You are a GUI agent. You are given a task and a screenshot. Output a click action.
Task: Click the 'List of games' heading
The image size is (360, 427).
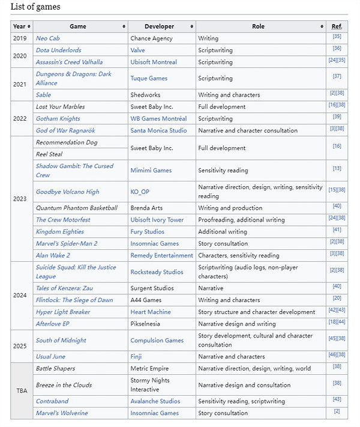[x=35, y=7]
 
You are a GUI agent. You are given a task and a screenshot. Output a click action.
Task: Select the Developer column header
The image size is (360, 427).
[x=159, y=26]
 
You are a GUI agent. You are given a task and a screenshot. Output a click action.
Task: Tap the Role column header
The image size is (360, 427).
[x=258, y=26]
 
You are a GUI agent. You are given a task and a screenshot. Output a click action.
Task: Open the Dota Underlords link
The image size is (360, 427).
[x=58, y=50]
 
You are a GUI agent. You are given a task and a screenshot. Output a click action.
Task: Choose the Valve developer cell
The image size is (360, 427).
[x=139, y=50]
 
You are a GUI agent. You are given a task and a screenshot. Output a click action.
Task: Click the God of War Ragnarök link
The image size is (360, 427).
[x=65, y=130]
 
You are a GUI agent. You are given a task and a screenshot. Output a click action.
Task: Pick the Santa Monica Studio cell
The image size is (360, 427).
[x=158, y=130]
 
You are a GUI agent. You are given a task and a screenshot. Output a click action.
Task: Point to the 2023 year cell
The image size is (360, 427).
[x=20, y=199]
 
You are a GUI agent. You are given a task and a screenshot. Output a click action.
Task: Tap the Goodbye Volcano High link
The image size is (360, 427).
[x=67, y=192]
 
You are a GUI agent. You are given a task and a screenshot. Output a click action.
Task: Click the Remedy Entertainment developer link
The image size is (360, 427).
[x=161, y=255]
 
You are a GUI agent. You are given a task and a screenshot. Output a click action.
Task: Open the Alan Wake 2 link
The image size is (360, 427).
[x=54, y=255]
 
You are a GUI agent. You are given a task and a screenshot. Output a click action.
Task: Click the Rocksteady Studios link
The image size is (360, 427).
[x=157, y=272]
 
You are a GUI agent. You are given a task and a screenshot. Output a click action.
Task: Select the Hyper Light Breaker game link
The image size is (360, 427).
[x=63, y=312]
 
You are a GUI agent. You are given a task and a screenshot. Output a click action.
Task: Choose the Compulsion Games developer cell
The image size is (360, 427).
[x=157, y=341]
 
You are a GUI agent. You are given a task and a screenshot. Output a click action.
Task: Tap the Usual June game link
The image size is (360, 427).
[x=50, y=356]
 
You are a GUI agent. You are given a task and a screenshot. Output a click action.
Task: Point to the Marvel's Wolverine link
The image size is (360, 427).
[x=62, y=413]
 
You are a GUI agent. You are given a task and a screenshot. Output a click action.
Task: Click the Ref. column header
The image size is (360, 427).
[x=337, y=26]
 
